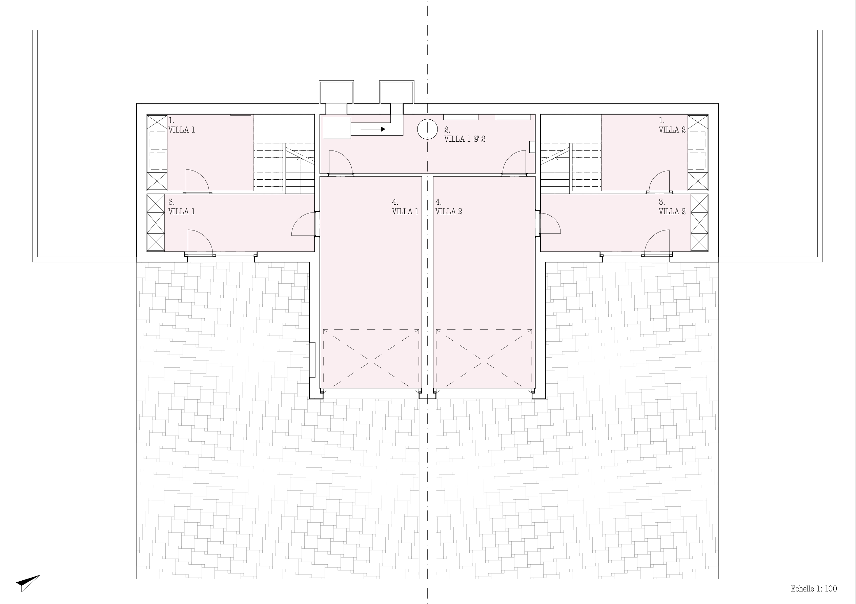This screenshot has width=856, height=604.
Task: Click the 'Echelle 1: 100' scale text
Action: coord(814,589)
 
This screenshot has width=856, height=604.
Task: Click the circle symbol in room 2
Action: coord(427,129)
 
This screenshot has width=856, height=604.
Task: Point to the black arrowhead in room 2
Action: coord(383,129)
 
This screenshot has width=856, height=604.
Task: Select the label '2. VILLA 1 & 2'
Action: coord(465,134)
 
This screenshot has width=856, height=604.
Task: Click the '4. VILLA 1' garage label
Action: coord(405,207)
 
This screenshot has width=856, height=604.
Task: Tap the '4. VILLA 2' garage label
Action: coord(449,207)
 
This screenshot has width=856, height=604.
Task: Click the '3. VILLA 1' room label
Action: coord(182,207)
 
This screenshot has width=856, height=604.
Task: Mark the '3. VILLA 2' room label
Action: coord(672,207)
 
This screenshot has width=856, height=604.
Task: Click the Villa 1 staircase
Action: coord(284,168)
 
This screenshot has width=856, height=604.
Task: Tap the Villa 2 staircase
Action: coord(571,168)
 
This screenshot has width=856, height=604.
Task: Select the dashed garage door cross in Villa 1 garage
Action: coord(371,359)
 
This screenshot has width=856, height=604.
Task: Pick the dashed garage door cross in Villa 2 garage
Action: coord(484,359)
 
